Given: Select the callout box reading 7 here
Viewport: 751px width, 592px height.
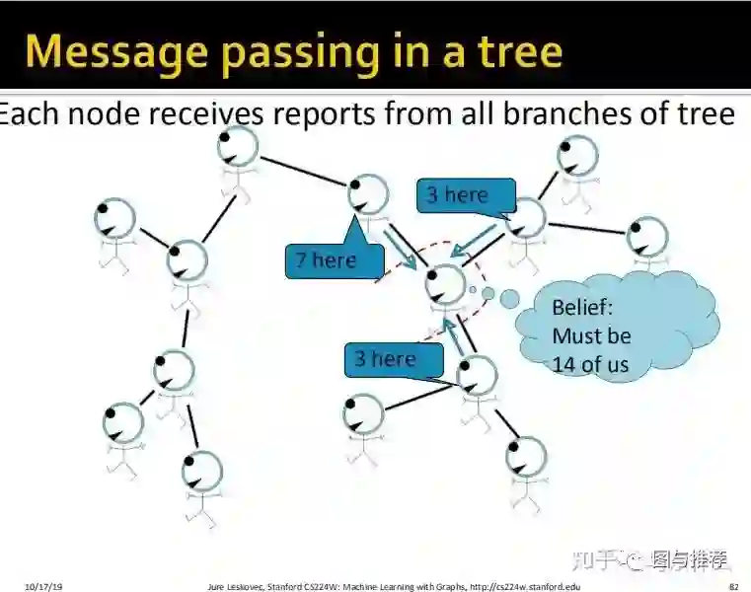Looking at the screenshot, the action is [x=335, y=260].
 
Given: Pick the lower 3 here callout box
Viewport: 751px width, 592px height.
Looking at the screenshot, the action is [x=392, y=358].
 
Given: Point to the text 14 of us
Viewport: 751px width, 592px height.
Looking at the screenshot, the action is [x=590, y=364].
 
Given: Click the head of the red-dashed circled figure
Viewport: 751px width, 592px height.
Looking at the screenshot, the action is [x=446, y=282].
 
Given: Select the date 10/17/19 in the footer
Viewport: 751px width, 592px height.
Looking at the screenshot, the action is [x=43, y=586].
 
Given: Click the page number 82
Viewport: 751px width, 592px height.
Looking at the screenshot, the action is [x=734, y=586].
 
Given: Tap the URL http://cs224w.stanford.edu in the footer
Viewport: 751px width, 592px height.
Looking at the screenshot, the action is [x=523, y=586].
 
